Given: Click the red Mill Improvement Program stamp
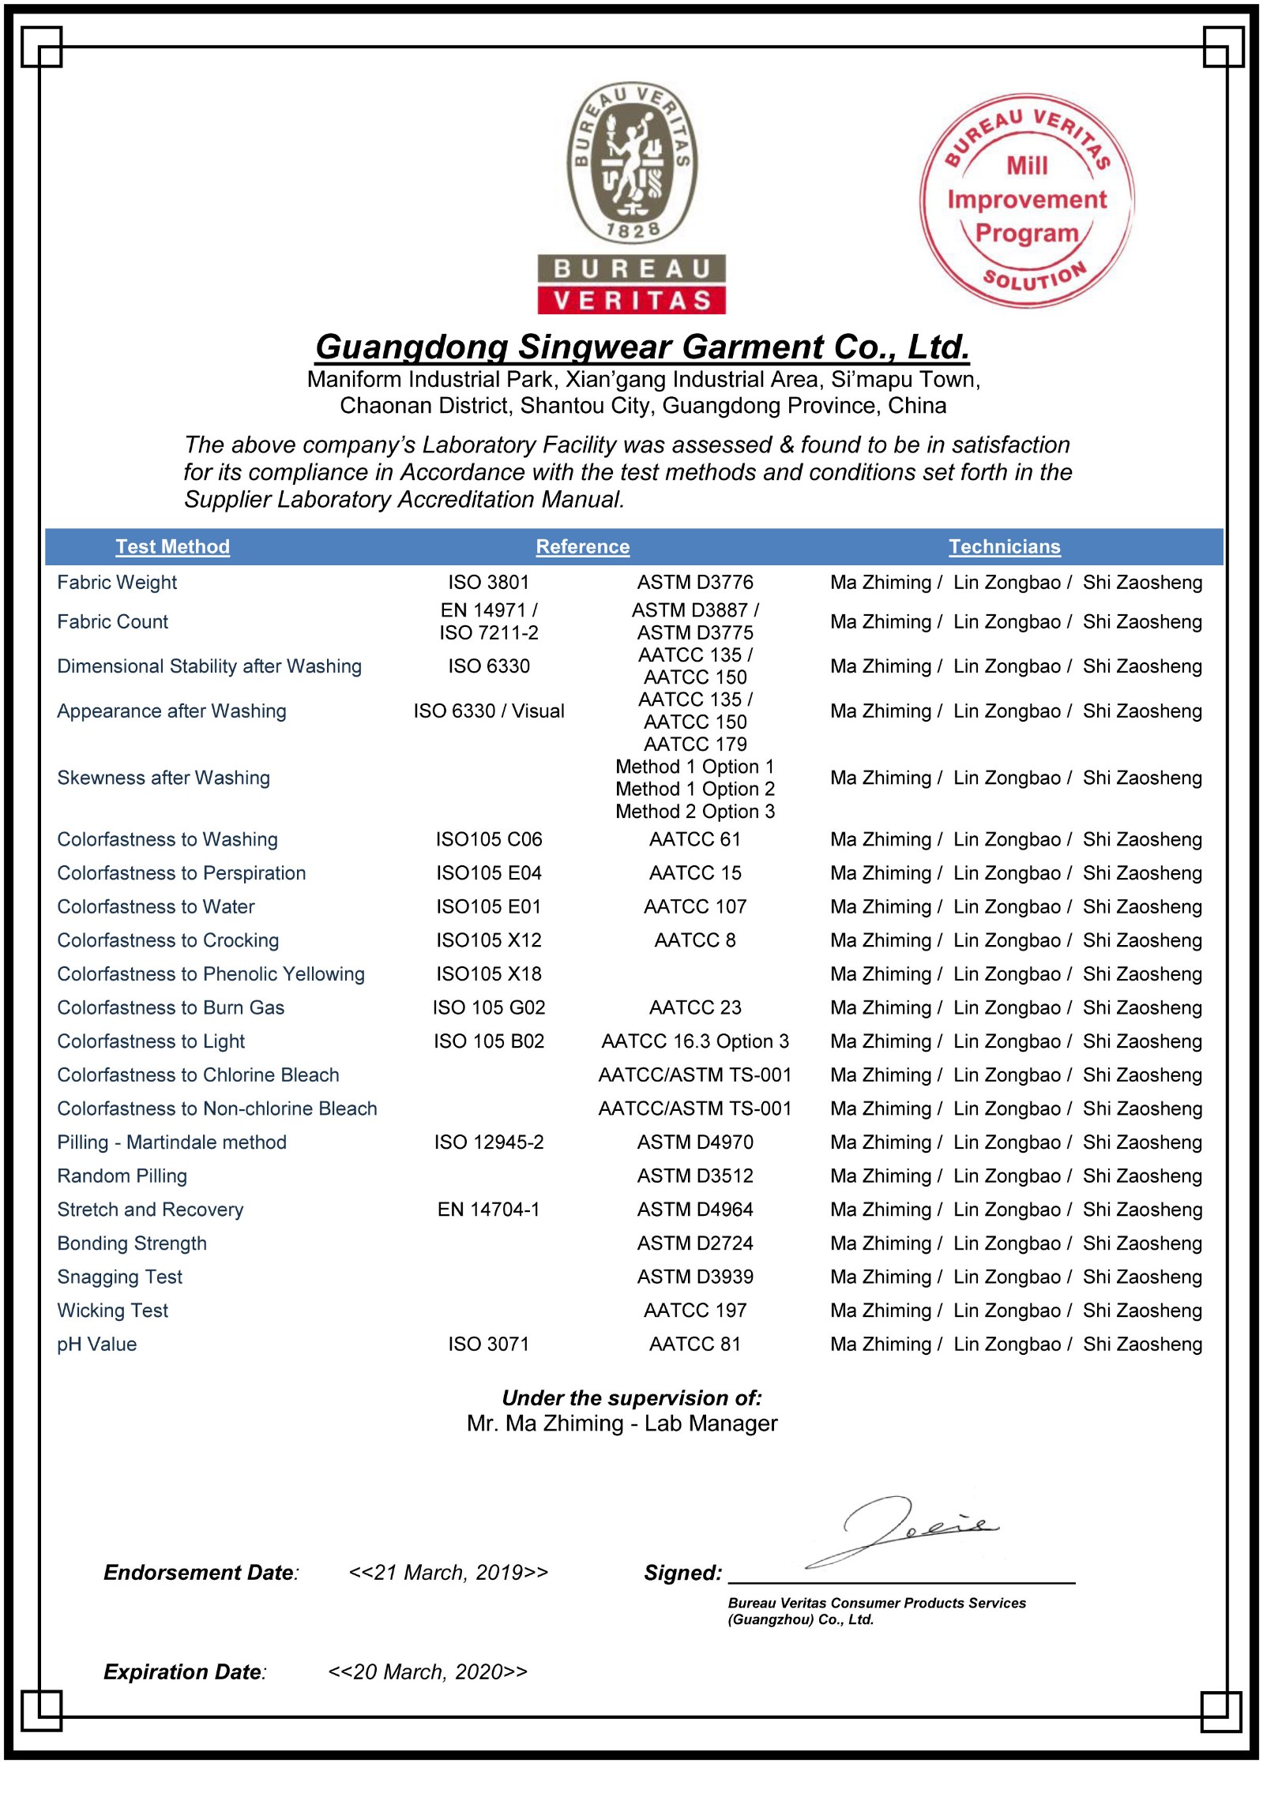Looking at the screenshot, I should click(x=1027, y=201).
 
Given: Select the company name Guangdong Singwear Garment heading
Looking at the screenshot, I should click(x=641, y=347).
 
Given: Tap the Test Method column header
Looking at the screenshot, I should click(x=172, y=546).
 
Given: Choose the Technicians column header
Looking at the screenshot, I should click(x=1004, y=546).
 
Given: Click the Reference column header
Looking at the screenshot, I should click(x=582, y=546).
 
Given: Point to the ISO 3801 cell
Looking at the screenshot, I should click(x=488, y=583).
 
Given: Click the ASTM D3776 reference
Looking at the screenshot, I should click(x=695, y=583).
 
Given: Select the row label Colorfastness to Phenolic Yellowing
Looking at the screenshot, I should click(x=210, y=974).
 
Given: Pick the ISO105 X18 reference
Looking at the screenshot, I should click(x=488, y=974).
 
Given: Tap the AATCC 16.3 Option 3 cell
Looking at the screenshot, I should click(x=695, y=1041).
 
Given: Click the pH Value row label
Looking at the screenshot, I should click(x=96, y=1345).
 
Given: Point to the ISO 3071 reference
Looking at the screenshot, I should click(x=488, y=1345).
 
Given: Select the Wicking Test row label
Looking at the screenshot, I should click(x=112, y=1311).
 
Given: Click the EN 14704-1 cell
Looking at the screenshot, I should click(x=488, y=1210).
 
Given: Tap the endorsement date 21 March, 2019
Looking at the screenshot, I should click(x=448, y=1573).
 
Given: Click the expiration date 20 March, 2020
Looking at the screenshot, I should click(x=427, y=1671).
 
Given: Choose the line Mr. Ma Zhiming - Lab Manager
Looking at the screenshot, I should click(x=622, y=1424).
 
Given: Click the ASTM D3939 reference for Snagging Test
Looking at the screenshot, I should click(x=695, y=1277).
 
